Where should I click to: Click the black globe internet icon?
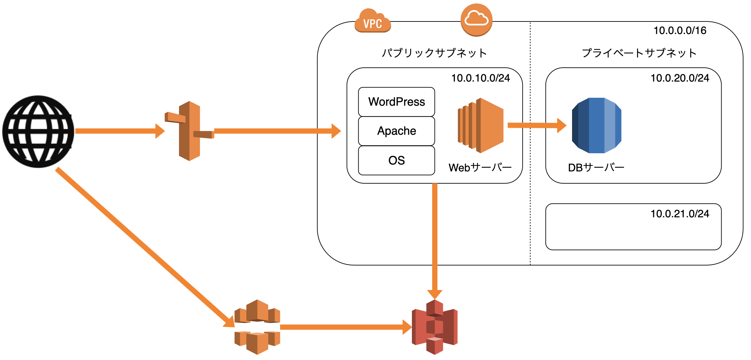pos(38,131)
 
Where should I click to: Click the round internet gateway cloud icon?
pos(476,20)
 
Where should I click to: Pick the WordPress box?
pos(396,102)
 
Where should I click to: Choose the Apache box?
pos(396,131)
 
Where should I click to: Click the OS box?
pos(396,161)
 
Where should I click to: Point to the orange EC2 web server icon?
pos(481,126)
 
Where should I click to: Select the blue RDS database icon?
pos(596,126)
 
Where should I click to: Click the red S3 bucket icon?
pos(435,327)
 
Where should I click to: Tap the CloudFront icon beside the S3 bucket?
pos(257,327)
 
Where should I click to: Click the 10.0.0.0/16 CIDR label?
pos(680,31)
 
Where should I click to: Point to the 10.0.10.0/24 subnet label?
pos(481,78)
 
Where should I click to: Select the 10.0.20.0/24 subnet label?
pos(680,78)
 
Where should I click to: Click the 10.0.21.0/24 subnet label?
pos(680,214)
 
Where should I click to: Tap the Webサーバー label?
pos(480,168)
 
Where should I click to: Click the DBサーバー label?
pos(596,168)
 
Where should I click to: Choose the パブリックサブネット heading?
pos(434,53)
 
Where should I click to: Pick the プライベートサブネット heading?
pos(639,53)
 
